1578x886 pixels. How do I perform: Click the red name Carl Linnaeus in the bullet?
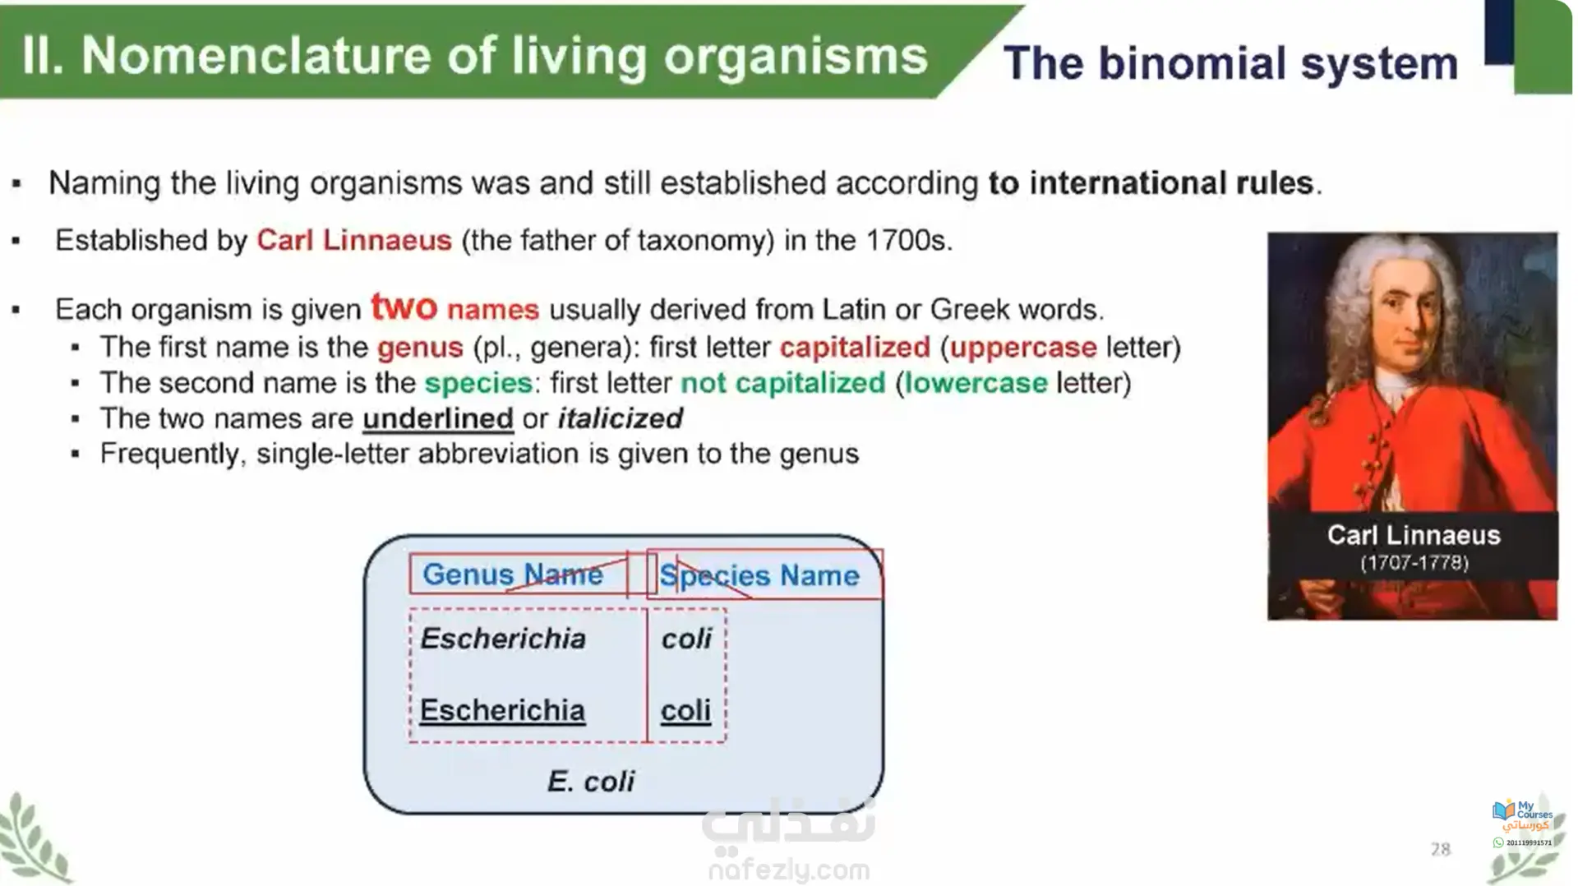pos(354,240)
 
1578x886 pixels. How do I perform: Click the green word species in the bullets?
pos(478,384)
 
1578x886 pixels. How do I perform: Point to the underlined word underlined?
pos(438,418)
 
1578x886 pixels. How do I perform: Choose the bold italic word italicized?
pos(621,418)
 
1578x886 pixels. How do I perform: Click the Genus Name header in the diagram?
pos(513,574)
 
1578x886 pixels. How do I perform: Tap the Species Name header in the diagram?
pos(759,576)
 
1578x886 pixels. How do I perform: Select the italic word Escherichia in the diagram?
pos(503,639)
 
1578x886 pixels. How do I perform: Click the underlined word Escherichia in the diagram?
pos(502,710)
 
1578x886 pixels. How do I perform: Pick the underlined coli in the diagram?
pos(685,710)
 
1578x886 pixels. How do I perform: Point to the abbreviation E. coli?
pos(591,781)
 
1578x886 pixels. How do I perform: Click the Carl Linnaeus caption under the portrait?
pos(1414,535)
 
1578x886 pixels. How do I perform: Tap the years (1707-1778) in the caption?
pos(1414,563)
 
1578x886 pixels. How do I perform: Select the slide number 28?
pos(1441,849)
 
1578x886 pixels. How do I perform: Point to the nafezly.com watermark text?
pos(788,870)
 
